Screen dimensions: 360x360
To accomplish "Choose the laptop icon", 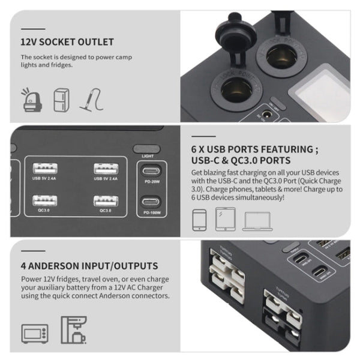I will point(257,220).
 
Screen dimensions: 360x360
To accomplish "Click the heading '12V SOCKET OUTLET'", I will point(67,43).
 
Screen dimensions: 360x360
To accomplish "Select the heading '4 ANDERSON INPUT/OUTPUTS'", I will point(89,265).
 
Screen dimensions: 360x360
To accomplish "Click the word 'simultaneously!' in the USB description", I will point(264,197).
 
